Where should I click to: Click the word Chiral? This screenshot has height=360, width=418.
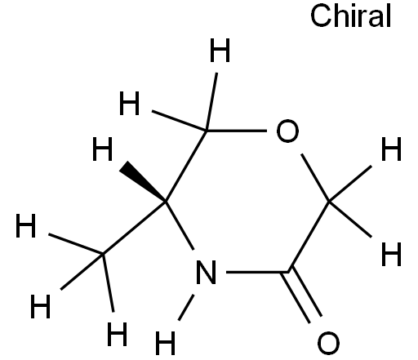click(350, 16)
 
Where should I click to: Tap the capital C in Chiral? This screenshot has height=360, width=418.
click(321, 16)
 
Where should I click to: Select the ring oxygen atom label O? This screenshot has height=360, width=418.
click(287, 131)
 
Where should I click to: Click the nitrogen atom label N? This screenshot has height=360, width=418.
click(206, 272)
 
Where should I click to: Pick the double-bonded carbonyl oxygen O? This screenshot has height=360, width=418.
click(328, 343)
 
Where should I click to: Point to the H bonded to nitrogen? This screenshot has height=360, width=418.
click(165, 343)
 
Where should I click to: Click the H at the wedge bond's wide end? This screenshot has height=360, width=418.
click(102, 149)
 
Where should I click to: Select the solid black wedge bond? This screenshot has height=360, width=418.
click(142, 181)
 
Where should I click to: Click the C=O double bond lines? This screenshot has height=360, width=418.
click(302, 296)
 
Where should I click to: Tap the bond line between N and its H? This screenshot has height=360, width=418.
click(186, 307)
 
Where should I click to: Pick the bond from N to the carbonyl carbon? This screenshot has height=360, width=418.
click(257, 272)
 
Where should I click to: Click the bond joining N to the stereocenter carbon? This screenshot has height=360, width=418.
click(180, 225)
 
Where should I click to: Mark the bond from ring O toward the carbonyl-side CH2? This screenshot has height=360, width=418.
click(315, 178)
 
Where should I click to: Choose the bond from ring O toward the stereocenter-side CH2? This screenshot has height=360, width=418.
click(236, 131)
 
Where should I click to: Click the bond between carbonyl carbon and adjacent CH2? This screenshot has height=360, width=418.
click(309, 237)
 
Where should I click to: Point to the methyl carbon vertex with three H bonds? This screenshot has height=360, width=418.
click(103, 254)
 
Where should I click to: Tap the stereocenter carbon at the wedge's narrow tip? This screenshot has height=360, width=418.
click(166, 202)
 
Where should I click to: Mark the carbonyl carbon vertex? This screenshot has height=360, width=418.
click(288, 272)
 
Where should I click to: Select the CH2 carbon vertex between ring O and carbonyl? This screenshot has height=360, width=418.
click(329, 202)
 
